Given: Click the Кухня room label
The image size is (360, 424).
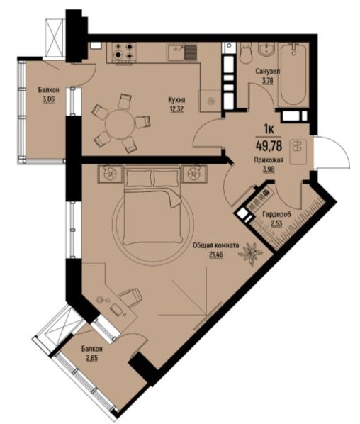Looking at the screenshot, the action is [x=176, y=100].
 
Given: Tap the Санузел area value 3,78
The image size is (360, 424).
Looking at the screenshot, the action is [x=268, y=81].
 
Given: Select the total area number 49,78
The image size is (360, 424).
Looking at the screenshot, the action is [x=269, y=146].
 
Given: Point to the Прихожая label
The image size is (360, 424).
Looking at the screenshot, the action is [x=269, y=160].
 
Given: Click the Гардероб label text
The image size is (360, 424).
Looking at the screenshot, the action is [x=276, y=214].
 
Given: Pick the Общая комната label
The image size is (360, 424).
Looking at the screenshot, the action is [x=216, y=245].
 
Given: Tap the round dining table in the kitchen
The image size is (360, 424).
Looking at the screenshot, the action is [x=120, y=124].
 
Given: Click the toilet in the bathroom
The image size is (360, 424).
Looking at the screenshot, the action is [x=246, y=53].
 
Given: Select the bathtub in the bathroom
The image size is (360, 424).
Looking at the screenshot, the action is [x=293, y=74].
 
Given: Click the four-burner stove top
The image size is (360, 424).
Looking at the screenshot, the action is [x=124, y=51].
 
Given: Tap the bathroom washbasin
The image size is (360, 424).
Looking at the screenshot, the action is [x=266, y=49].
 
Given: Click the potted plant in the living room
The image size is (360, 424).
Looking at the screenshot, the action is [x=250, y=254].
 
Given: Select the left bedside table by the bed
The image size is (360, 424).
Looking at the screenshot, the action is [x=111, y=174].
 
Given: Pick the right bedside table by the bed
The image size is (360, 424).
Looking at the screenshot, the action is [x=195, y=173].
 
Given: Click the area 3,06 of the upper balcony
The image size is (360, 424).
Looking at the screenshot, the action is [x=49, y=99].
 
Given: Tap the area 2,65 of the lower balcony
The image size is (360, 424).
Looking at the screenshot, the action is [x=92, y=359].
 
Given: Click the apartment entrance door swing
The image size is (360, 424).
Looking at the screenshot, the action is [x=333, y=152].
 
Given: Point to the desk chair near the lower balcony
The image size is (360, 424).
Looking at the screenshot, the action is [x=131, y=297].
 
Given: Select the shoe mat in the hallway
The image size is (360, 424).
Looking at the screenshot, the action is [x=298, y=152].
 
